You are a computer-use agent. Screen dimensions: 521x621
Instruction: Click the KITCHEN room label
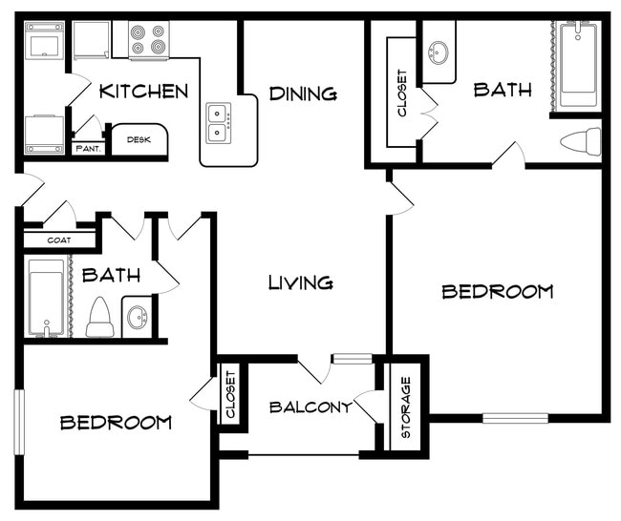143,92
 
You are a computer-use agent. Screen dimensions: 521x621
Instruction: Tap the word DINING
302,94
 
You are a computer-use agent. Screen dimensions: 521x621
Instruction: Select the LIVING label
300,282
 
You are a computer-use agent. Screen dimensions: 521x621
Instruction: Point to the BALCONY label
310,407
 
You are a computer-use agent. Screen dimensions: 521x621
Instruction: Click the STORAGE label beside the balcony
405,407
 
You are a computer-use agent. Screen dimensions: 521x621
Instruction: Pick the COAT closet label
59,240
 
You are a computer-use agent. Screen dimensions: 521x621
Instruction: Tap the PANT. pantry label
88,148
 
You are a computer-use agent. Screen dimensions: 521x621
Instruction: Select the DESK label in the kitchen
139,140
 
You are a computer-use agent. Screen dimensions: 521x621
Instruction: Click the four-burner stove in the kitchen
148,40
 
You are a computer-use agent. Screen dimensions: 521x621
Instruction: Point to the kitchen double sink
219,122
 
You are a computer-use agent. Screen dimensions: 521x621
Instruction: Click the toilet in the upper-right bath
580,142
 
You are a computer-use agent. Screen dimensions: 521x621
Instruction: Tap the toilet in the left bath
100,318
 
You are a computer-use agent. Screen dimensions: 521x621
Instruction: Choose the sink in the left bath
137,316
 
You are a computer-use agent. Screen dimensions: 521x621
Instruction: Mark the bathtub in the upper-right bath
578,64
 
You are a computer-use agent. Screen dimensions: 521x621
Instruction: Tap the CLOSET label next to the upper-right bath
402,94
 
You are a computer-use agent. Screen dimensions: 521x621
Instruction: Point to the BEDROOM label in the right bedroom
497,292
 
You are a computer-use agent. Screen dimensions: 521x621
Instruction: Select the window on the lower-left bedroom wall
18,421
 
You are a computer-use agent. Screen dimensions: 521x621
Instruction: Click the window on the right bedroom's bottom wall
515,418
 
